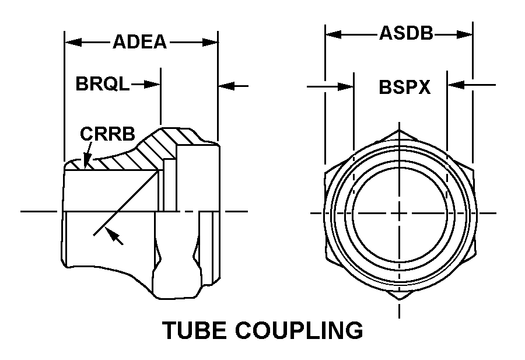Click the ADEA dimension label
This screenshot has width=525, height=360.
(x=139, y=42)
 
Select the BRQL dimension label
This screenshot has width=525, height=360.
(x=103, y=83)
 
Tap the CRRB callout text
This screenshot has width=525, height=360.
(x=107, y=134)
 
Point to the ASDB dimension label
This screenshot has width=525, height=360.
(x=406, y=33)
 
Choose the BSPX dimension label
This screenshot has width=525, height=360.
(x=404, y=87)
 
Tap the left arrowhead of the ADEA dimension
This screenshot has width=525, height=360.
(x=73, y=42)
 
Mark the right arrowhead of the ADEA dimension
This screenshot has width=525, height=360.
(x=210, y=42)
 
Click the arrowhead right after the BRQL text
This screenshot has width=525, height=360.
(x=152, y=84)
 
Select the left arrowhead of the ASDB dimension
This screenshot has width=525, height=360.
(x=334, y=34)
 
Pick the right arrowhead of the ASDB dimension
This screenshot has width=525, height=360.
(x=464, y=34)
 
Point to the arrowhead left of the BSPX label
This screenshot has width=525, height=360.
(x=346, y=87)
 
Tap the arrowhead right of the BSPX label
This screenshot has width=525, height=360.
(x=456, y=85)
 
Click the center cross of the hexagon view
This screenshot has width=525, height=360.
(x=399, y=213)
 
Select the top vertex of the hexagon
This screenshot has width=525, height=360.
(x=399, y=130)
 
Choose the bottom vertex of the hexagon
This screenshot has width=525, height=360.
(x=399, y=299)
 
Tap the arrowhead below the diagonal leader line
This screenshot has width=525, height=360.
(x=115, y=236)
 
